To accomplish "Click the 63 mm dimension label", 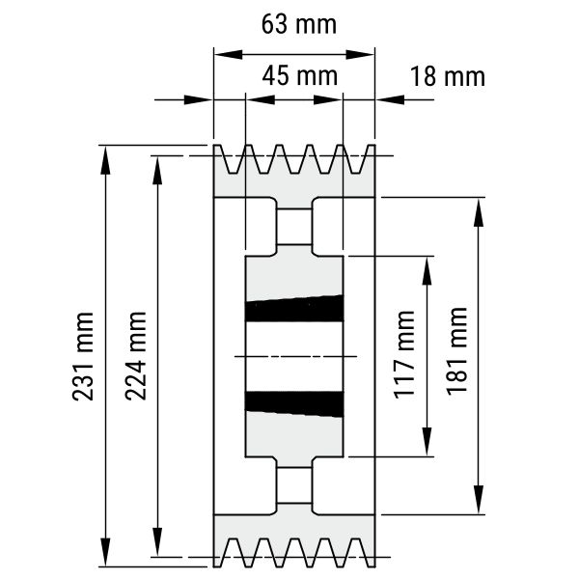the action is click(299, 24).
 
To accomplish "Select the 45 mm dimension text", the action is click(300, 75).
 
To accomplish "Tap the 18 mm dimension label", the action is click(447, 77).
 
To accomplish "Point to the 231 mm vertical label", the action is click(83, 356).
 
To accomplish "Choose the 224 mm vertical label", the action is click(136, 356).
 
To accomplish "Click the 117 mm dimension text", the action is click(404, 355).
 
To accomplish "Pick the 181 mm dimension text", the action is click(457, 351).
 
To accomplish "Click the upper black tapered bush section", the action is click(294, 309).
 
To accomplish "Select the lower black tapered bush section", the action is click(294, 404).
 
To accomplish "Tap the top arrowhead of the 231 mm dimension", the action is click(105, 160).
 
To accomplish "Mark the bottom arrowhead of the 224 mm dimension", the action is click(157, 541).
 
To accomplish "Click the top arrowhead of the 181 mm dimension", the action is click(479, 212).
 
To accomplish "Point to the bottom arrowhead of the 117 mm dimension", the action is click(427, 442).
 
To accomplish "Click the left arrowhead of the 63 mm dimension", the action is click(228, 55).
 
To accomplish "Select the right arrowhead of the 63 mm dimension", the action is click(360, 55).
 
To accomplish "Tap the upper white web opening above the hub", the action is click(294, 227).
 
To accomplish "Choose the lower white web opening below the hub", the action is click(294, 485).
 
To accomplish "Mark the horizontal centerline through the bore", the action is click(296, 356).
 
